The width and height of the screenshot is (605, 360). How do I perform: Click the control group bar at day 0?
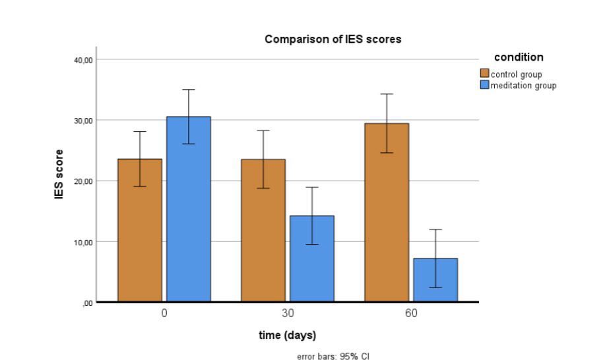pos(140,231)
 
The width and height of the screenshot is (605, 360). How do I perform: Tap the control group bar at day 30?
pos(263,231)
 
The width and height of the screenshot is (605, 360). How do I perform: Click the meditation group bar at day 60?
pos(435,280)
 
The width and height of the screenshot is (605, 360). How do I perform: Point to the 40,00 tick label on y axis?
pos(83,60)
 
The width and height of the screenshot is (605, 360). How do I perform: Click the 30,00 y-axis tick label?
pos(83,121)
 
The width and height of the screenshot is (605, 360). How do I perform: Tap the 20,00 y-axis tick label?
pos(83,181)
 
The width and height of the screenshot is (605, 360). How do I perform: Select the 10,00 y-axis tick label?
pos(83,242)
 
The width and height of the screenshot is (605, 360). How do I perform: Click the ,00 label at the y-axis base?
pos(86,303)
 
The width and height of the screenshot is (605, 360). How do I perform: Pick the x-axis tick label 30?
pos(288,313)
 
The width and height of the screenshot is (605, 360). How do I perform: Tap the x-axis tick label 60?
pos(411,313)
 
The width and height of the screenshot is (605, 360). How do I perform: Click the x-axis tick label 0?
pos(164,313)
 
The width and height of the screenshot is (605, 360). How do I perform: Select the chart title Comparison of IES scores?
pos(333,40)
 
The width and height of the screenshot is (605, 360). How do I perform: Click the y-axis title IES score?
pos(59,175)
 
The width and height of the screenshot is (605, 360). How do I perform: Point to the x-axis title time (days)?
pos(287,336)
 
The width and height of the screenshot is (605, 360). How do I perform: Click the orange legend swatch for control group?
pos(485,74)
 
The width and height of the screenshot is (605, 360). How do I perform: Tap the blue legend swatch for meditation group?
pos(485,85)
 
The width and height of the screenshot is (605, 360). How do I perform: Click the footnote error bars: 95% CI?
pos(333,356)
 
